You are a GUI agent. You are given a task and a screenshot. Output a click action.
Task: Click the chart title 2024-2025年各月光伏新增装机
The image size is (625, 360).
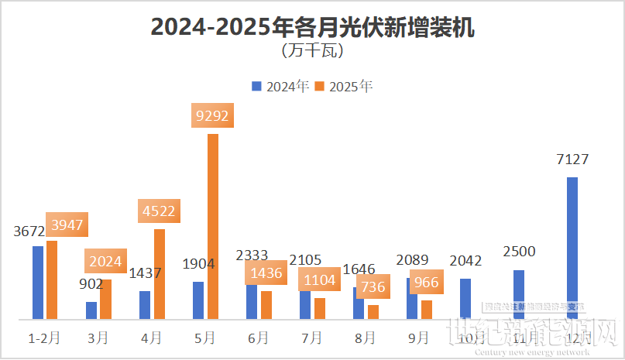(x=312, y=28)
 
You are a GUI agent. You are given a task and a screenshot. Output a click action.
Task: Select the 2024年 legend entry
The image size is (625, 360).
(x=281, y=87)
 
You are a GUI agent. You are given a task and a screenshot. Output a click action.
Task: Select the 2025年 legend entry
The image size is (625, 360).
(x=344, y=87)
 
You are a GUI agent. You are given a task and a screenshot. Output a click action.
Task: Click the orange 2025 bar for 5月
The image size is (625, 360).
(x=212, y=226)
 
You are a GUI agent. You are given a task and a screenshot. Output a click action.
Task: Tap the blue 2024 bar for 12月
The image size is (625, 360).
(x=572, y=248)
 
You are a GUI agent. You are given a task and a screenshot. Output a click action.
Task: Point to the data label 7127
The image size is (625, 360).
(x=572, y=159)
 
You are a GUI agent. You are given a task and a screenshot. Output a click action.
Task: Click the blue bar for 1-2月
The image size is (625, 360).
(x=38, y=283)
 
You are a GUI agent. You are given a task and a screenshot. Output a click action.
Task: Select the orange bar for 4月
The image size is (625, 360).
(x=160, y=274)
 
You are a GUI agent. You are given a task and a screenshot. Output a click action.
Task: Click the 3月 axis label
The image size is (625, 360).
(x=98, y=338)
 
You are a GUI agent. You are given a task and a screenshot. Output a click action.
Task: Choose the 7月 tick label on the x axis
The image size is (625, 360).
(x=312, y=338)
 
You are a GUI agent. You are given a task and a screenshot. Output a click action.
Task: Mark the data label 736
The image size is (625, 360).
(x=373, y=286)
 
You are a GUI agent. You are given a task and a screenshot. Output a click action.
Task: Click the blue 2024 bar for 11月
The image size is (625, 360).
(x=519, y=294)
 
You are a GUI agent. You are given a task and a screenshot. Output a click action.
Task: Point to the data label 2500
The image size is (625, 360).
(x=519, y=252)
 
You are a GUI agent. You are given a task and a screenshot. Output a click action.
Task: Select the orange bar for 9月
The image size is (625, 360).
(x=426, y=310)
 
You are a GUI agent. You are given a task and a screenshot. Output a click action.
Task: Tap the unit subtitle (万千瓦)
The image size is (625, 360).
(x=312, y=53)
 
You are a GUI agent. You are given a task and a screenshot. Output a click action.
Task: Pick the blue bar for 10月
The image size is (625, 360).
(x=465, y=299)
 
